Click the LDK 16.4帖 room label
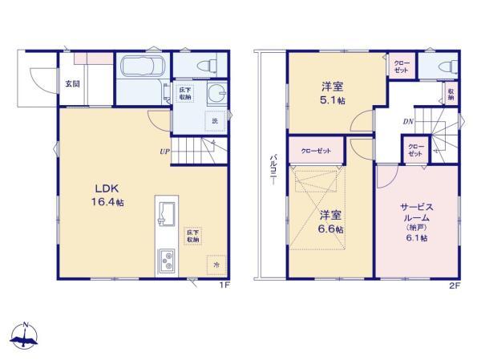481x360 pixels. coord(103,196)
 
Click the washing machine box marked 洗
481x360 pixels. coord(214,121)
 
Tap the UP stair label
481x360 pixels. coord(164,150)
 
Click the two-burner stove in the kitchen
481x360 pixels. coord(169,260)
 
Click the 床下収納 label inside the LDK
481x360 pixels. coord(194,235)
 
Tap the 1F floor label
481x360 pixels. coord(227,284)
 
